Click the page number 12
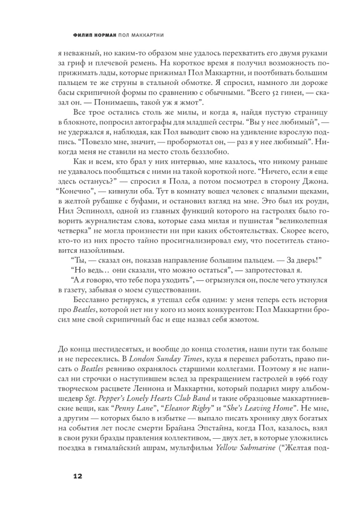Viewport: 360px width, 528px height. pyautogui.click(x=78, y=477)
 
